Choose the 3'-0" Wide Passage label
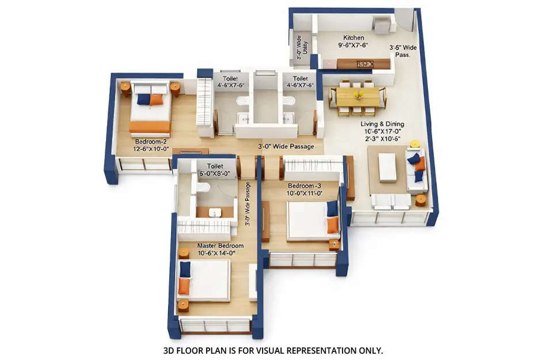287,146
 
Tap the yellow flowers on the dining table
358,92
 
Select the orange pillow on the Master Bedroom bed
184,286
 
